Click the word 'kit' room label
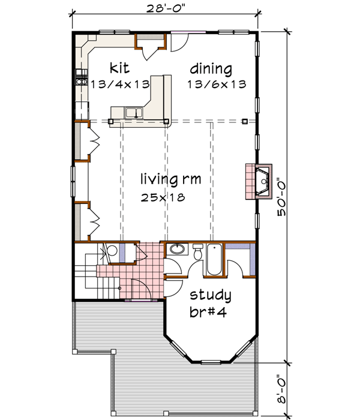tap(117, 66)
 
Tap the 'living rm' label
tap(170, 179)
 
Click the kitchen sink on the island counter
tap(133, 112)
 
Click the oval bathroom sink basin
tap(176, 250)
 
